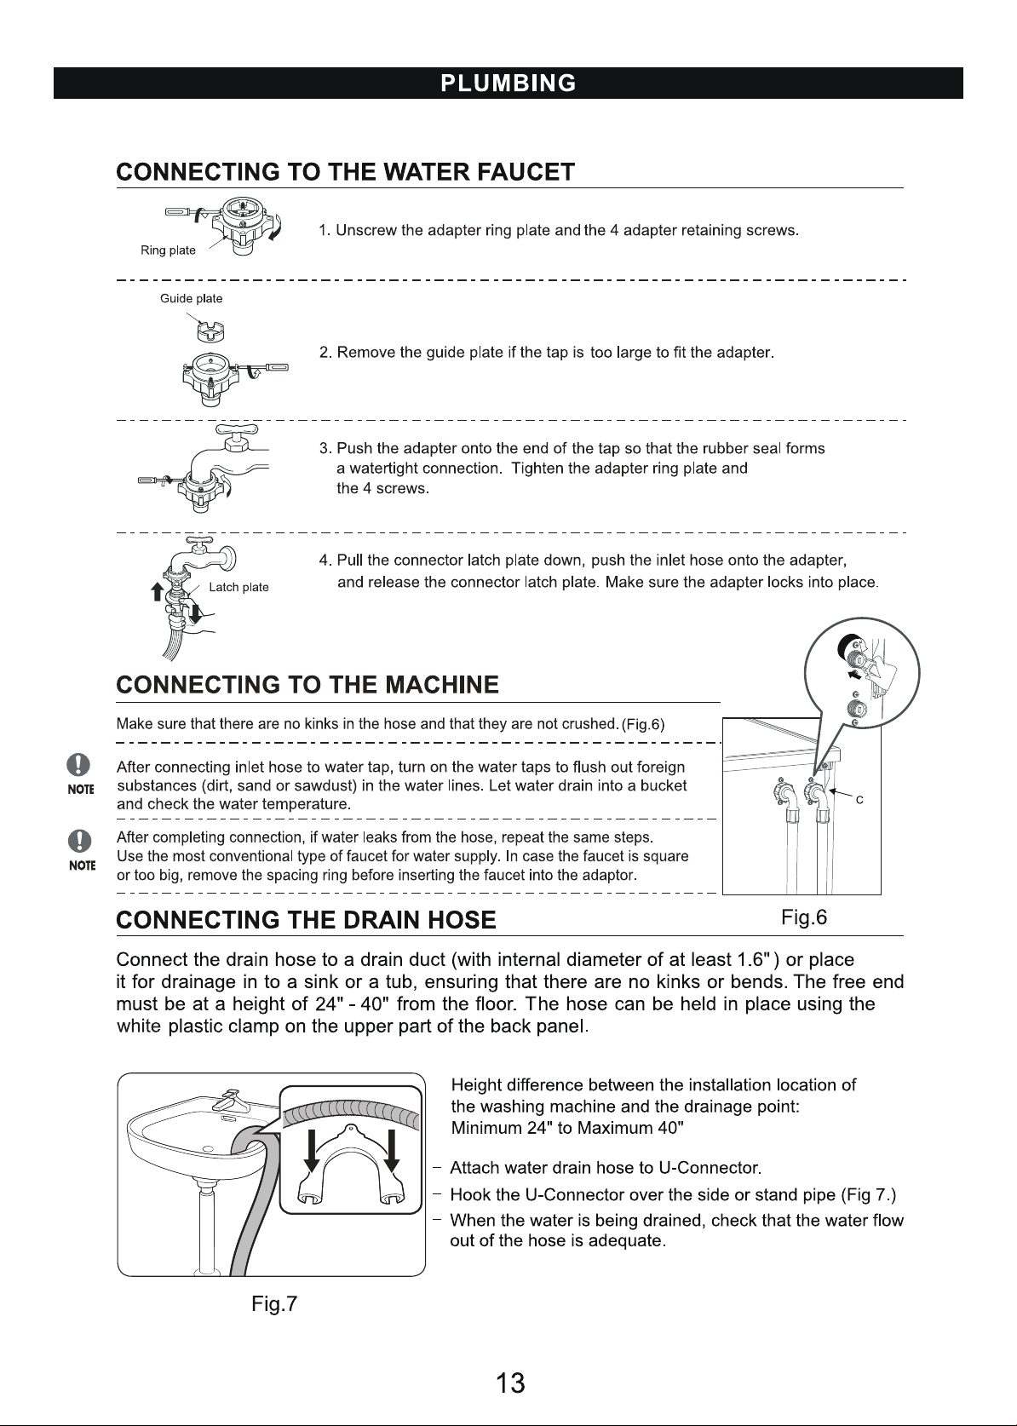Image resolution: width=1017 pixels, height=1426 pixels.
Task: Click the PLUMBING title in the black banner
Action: [508, 83]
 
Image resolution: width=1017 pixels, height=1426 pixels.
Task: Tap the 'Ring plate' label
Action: [168, 250]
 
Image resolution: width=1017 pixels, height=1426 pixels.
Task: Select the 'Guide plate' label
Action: [191, 298]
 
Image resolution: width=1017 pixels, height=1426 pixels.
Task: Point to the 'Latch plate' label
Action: [238, 587]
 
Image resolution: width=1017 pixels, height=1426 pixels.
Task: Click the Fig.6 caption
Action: [804, 917]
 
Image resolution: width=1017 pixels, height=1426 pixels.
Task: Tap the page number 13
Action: [509, 1383]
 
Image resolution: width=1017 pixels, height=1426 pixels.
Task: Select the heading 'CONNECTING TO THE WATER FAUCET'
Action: [346, 172]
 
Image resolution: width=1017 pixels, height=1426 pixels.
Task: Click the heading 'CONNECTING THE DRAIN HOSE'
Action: [306, 920]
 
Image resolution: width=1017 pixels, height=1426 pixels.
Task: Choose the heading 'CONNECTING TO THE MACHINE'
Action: [308, 684]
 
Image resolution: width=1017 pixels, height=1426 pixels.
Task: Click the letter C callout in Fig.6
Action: [859, 800]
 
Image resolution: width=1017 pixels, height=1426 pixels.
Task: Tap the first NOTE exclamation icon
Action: [78, 764]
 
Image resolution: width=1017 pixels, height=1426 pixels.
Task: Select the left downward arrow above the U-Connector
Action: [311, 1150]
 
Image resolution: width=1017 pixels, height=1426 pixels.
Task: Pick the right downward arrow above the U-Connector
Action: [392, 1150]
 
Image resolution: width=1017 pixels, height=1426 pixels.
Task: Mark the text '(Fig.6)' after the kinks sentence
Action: [643, 724]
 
